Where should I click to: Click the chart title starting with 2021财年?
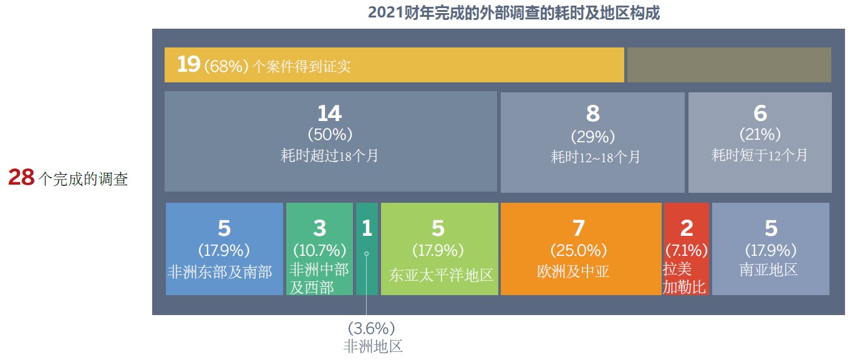(x=514, y=13)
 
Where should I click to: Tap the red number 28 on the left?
(x=22, y=177)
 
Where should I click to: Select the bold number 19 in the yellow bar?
(x=188, y=64)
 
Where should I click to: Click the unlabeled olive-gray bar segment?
(x=729, y=64)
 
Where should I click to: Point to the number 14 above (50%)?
(x=330, y=113)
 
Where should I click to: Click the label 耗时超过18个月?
(x=329, y=156)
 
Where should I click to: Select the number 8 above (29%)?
(x=592, y=113)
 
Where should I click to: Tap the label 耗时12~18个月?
(x=596, y=157)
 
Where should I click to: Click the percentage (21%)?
(x=760, y=134)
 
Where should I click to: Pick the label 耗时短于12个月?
(x=760, y=155)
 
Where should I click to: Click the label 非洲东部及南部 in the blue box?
(x=220, y=272)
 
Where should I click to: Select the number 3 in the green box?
(x=319, y=228)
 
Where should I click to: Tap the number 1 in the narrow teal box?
(x=367, y=228)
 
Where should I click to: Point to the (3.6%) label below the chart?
(x=372, y=328)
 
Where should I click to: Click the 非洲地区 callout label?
(x=373, y=346)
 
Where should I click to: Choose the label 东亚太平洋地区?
(x=441, y=275)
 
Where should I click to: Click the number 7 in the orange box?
(x=579, y=228)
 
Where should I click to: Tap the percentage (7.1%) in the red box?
(x=687, y=250)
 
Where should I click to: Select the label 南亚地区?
(x=768, y=270)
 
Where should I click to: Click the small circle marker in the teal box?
(x=367, y=254)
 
